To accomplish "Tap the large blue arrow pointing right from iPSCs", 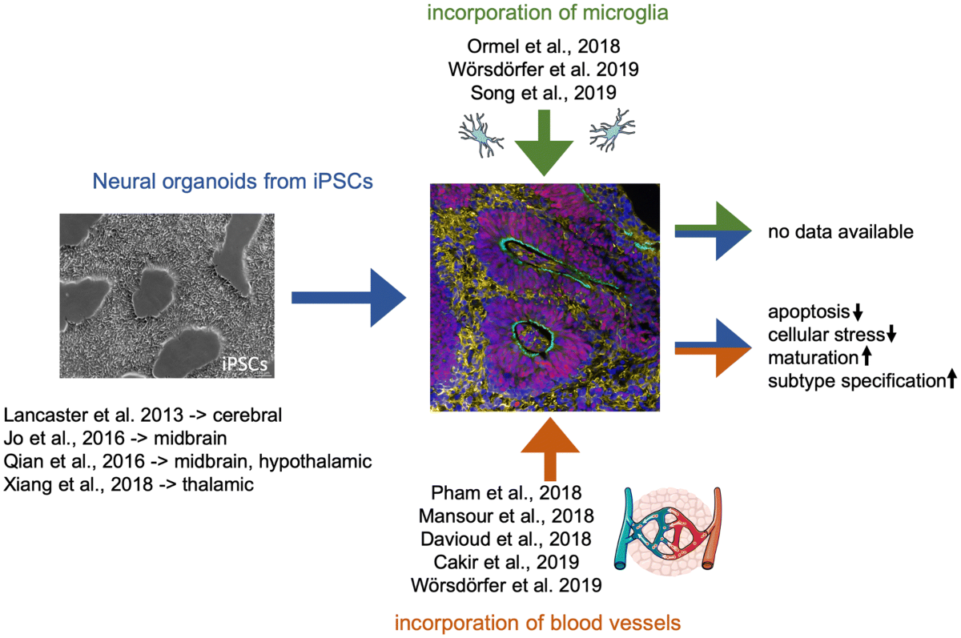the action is pos(348,298).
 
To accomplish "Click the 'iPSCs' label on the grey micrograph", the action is pos(245,365).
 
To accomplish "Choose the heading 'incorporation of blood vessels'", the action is pos(539,622).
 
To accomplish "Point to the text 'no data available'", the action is pos(840,233).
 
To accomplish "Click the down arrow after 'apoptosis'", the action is pos(858,311).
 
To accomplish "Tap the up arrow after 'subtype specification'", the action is pos(951,381).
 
